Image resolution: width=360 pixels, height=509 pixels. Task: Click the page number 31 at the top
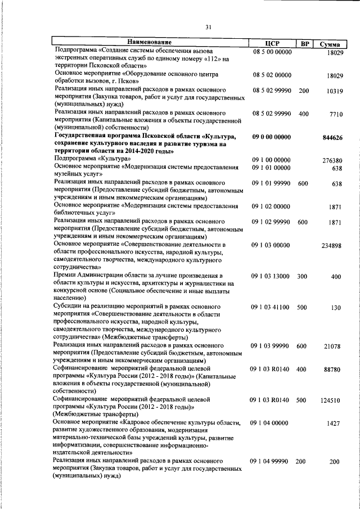tap(208, 26)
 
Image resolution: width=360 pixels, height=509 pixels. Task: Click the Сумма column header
tap(330, 43)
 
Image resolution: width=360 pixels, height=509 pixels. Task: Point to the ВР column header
tap(304, 43)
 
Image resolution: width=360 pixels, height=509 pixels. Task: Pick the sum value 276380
tap(332, 160)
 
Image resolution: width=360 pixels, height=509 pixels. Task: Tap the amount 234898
tap(332, 246)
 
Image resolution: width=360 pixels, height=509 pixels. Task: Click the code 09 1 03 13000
tap(271, 276)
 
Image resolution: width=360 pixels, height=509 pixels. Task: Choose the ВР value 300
tap(303, 276)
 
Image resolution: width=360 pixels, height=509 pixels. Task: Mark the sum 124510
tap(331, 401)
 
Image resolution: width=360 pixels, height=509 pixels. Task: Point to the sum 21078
tap(332, 347)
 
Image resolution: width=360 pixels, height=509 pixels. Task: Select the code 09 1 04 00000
tap(271, 422)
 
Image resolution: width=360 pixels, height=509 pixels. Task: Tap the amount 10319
tap(332, 91)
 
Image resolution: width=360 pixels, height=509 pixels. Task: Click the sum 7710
tap(335, 115)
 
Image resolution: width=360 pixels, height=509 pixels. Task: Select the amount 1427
tap(335, 424)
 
